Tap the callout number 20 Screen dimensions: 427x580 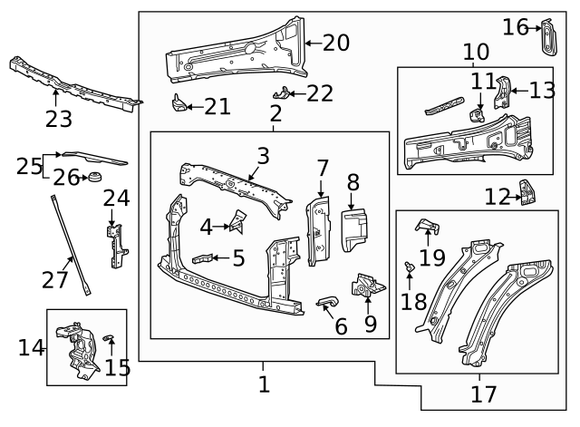(x=334, y=42)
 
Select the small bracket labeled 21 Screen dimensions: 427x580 (x=179, y=102)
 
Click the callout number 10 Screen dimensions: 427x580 (x=475, y=53)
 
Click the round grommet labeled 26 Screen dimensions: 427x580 (x=94, y=176)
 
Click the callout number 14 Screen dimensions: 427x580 (x=31, y=347)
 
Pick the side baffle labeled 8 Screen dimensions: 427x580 (x=352, y=228)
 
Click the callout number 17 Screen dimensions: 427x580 (x=483, y=394)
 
